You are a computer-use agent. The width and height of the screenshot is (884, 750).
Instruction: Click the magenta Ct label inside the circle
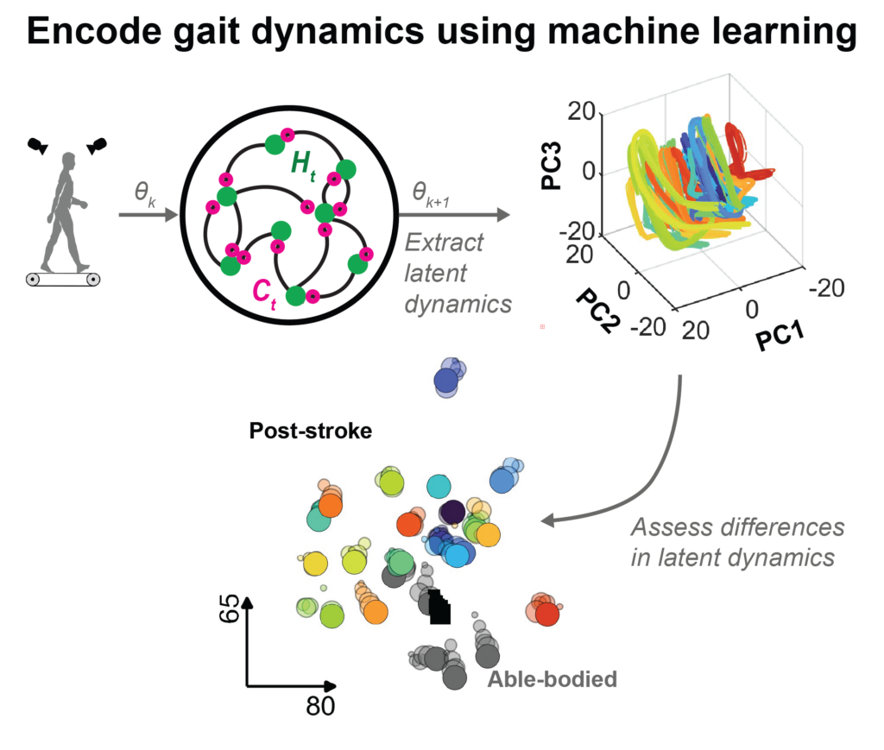click(x=260, y=287)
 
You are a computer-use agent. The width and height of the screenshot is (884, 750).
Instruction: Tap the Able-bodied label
click(x=552, y=679)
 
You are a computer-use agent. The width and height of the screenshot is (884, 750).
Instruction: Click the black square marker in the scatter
click(x=439, y=608)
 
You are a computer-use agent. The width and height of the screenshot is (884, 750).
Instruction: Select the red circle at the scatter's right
click(x=546, y=614)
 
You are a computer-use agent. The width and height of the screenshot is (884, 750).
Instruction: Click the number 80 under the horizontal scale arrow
click(x=320, y=706)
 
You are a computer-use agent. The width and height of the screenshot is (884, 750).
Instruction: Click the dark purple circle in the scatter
click(x=451, y=514)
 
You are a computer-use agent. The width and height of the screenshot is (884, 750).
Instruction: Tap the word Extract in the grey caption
click(x=445, y=243)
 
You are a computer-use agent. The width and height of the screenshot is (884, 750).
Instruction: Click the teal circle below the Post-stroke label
click(x=439, y=487)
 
